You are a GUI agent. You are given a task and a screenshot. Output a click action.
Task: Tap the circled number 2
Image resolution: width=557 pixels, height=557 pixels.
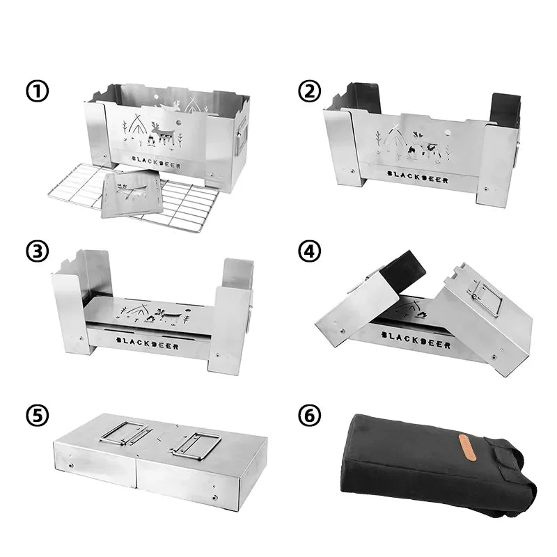pyautogui.click(x=309, y=91)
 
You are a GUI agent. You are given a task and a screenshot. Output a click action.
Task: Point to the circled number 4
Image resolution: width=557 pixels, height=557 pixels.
pyautogui.click(x=309, y=251)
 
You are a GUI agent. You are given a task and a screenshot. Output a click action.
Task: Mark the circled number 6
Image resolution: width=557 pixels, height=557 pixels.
pyautogui.click(x=309, y=415)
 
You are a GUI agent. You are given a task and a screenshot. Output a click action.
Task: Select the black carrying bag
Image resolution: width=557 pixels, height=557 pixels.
pyautogui.click(x=432, y=463)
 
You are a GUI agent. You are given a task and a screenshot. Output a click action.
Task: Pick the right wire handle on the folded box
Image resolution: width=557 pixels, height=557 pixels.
pyautogui.click(x=196, y=443)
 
